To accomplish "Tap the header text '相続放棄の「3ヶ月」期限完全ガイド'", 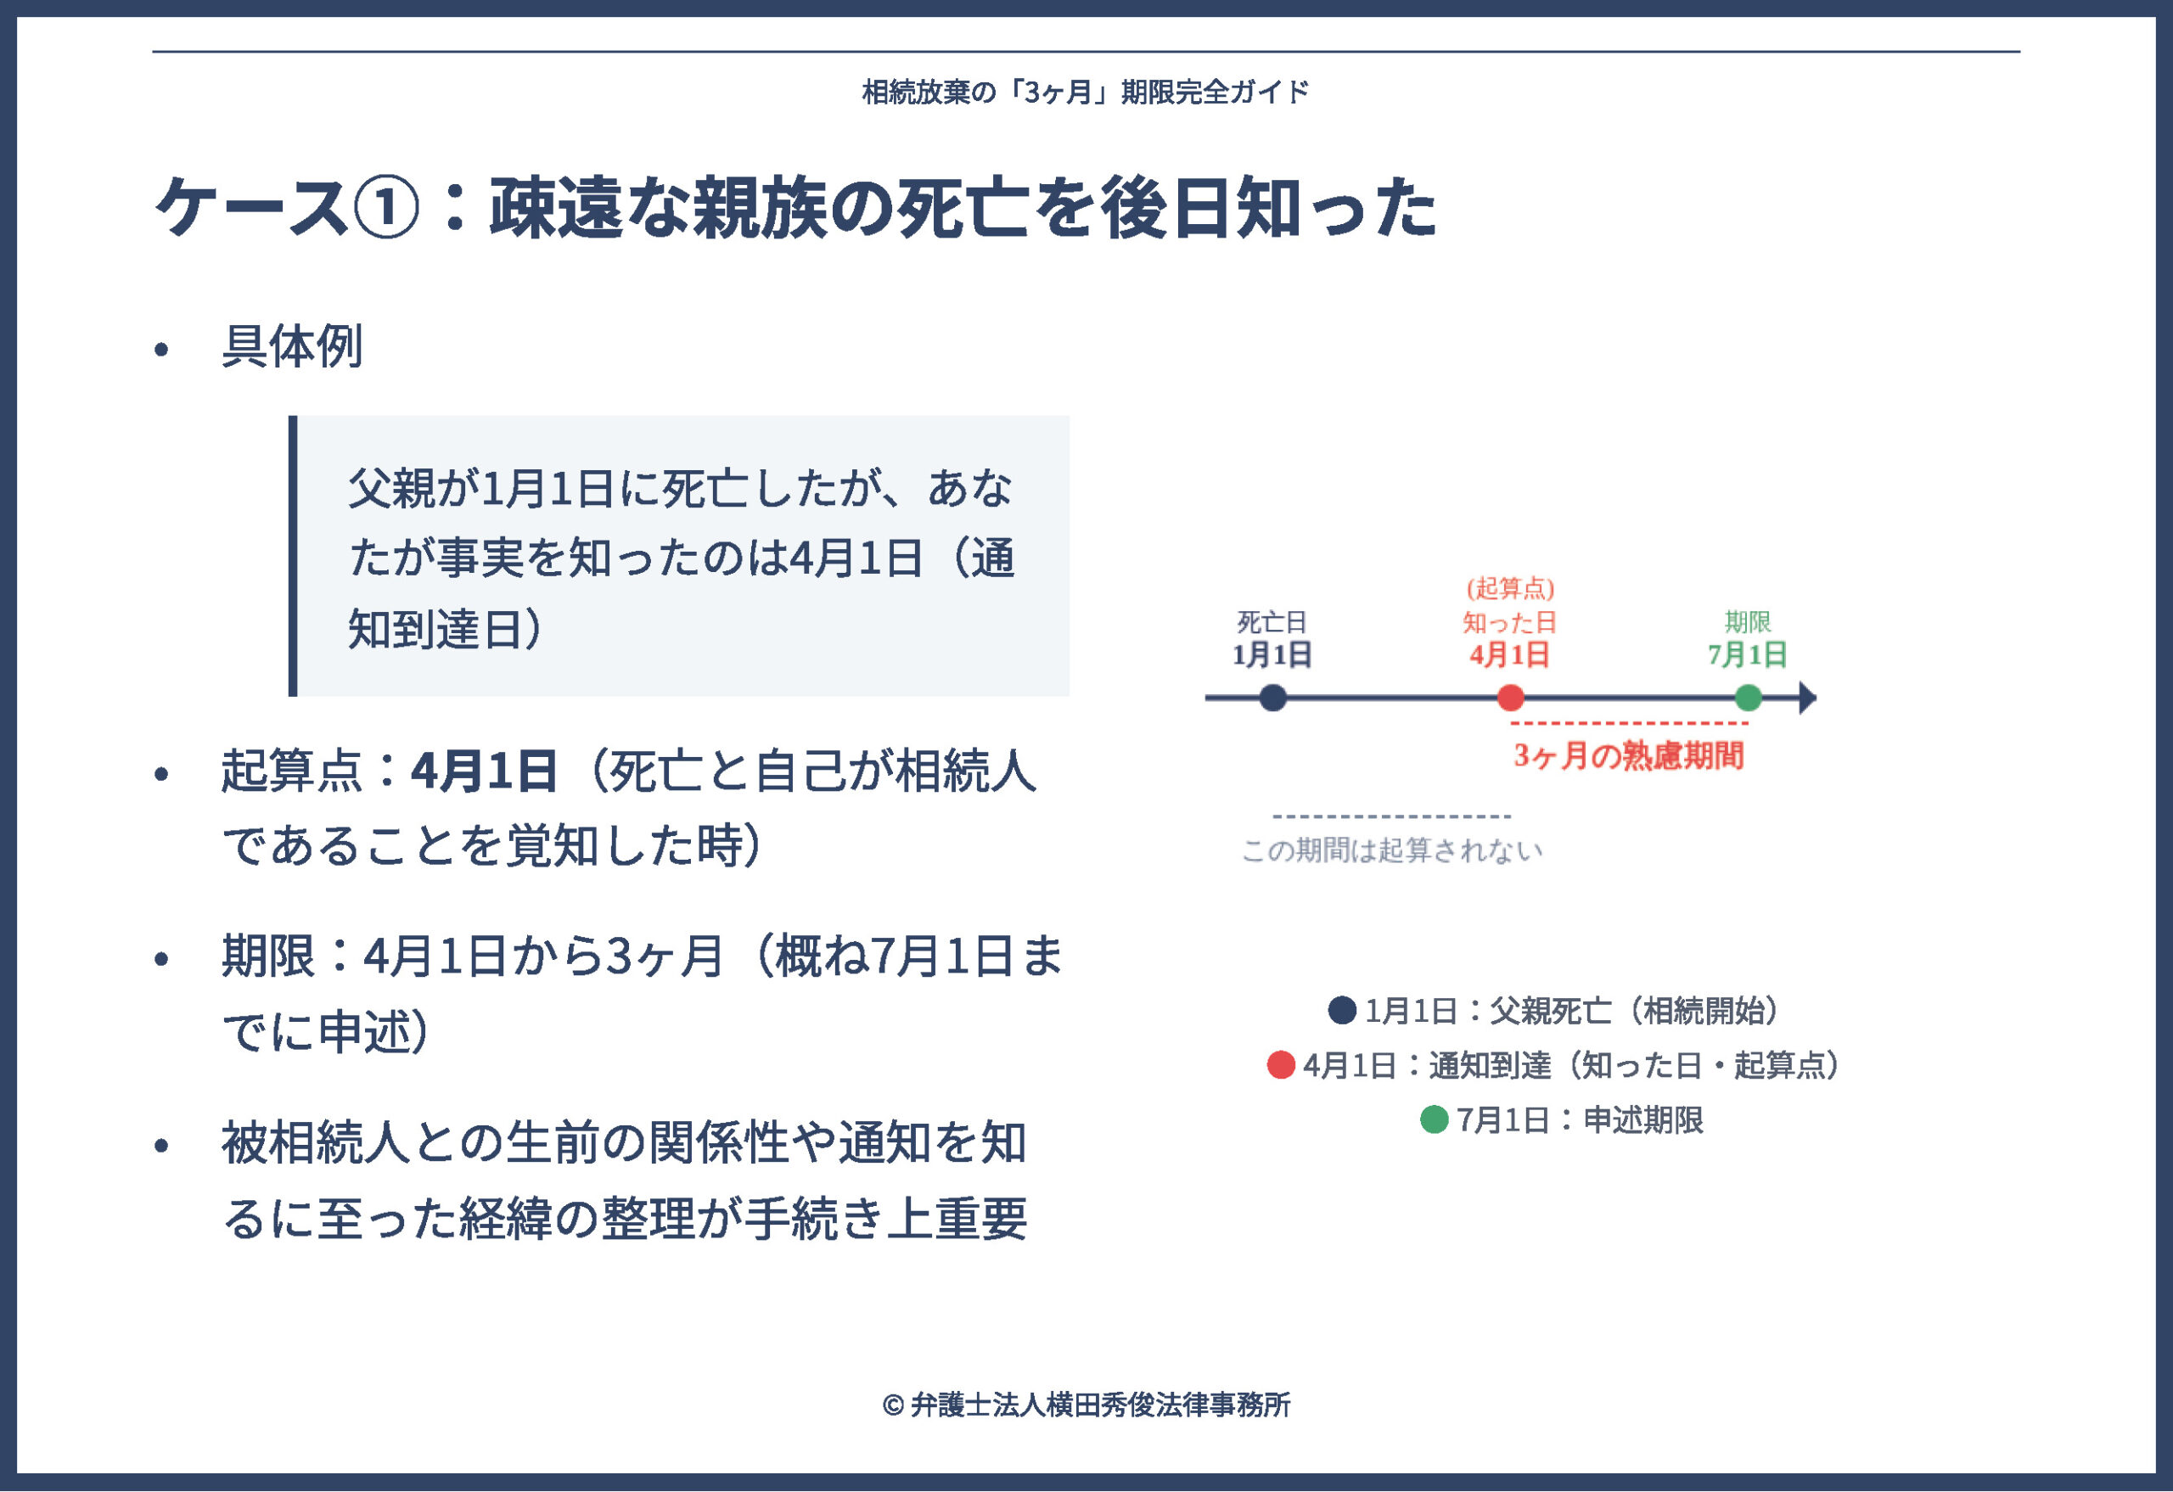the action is [x=1086, y=93].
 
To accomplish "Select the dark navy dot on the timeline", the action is [x=1272, y=698].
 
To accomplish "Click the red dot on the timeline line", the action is [x=1511, y=698].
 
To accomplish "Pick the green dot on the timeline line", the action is [x=1749, y=698].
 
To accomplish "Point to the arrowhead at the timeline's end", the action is [x=1807, y=698].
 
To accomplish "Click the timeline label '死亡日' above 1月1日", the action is [x=1272, y=621].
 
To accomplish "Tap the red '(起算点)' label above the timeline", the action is [x=1510, y=588].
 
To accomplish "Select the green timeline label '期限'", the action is [x=1748, y=621].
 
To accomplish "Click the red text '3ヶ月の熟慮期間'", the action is [x=1629, y=755].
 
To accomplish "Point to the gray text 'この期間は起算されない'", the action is [x=1392, y=850].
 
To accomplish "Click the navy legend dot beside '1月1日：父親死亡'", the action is [x=1342, y=1010].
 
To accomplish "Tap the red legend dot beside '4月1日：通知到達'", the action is [x=1280, y=1065].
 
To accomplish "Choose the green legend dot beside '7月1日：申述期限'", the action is [x=1434, y=1119].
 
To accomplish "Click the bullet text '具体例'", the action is [x=292, y=347].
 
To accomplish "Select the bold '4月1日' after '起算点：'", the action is [x=484, y=771].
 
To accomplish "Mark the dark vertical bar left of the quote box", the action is [x=293, y=555].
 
